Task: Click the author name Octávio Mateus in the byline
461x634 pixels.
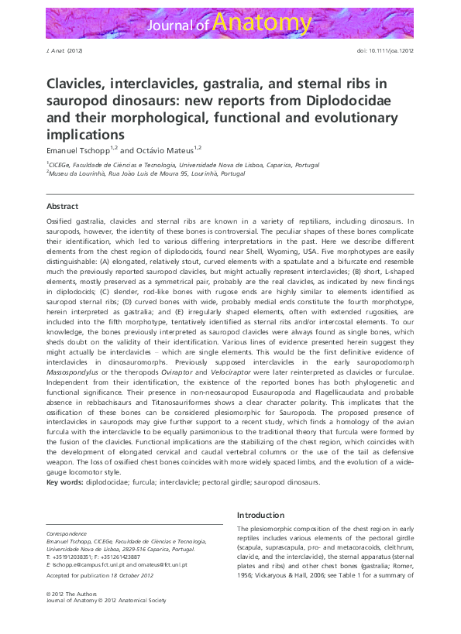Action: (162, 148)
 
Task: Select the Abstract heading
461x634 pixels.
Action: (62, 207)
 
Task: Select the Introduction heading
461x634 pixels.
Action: (260, 515)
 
